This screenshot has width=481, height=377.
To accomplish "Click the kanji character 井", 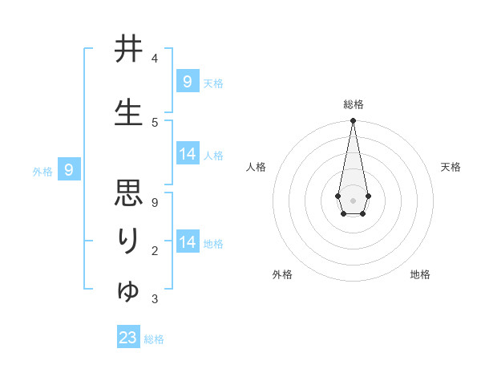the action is click(128, 51).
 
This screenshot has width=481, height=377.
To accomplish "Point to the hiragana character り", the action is click(128, 241).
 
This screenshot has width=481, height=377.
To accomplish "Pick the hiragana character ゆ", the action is click(128, 290).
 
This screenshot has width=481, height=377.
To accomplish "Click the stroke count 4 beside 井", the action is click(155, 59).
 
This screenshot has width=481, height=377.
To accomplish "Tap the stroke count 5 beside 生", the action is click(155, 122).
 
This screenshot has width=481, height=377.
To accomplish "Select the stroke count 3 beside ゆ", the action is click(155, 299).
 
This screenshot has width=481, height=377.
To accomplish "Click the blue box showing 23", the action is click(128, 337).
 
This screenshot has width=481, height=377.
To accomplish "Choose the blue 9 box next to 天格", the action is click(187, 81).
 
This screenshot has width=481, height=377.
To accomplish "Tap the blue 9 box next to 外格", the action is click(69, 169).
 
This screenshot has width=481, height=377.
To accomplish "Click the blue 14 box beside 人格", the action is click(187, 154).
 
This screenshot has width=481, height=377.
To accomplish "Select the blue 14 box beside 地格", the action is click(187, 241).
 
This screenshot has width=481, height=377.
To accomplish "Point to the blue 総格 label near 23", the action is click(154, 339).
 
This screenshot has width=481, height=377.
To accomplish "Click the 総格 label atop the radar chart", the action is click(353, 104).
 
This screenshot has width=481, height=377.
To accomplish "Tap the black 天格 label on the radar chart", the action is click(451, 167).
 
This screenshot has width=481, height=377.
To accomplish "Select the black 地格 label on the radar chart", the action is click(420, 274).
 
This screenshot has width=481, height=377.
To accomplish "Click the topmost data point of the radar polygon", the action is click(353, 121).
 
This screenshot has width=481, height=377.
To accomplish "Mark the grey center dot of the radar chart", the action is click(353, 199).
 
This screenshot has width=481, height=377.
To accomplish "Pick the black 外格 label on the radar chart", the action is click(282, 274).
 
